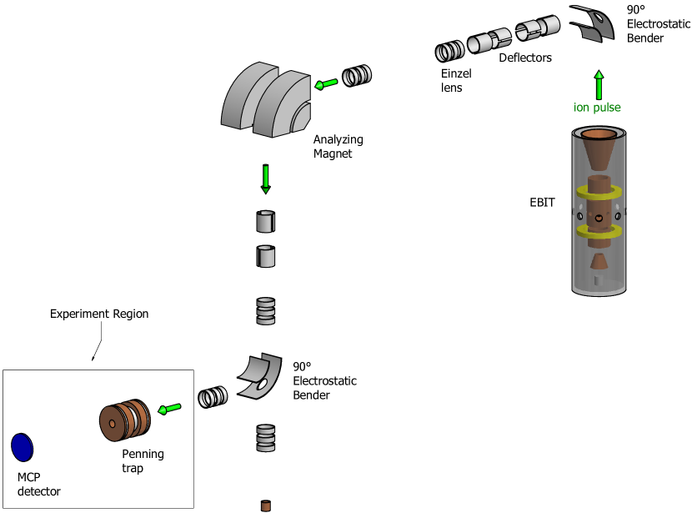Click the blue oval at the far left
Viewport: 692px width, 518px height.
pyautogui.click(x=23, y=448)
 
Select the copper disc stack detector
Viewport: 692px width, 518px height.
pyautogui.click(x=124, y=420)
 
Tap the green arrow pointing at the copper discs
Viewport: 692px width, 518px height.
pyautogui.click(x=170, y=408)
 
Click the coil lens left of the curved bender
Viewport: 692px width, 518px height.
pyautogui.click(x=213, y=397)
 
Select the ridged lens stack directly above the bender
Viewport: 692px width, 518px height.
pyautogui.click(x=265, y=311)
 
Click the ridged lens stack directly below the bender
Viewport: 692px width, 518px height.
pyautogui.click(x=265, y=437)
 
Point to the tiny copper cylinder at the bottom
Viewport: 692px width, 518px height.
pyautogui.click(x=265, y=505)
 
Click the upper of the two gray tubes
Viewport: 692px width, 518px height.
pyautogui.click(x=265, y=222)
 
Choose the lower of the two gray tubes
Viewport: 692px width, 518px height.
pyautogui.click(x=265, y=256)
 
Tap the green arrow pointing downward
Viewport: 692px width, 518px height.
pyautogui.click(x=265, y=179)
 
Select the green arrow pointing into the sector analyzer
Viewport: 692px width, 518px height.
pyautogui.click(x=326, y=83)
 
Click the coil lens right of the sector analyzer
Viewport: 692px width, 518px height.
pyautogui.click(x=357, y=76)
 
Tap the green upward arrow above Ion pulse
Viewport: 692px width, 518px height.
pyautogui.click(x=598, y=85)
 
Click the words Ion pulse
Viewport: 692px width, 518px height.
pyautogui.click(x=597, y=108)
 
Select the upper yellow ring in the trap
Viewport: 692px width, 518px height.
pyautogui.click(x=598, y=192)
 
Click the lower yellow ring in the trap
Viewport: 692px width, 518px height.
pyautogui.click(x=598, y=231)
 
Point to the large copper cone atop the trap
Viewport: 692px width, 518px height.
pyautogui.click(x=599, y=150)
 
